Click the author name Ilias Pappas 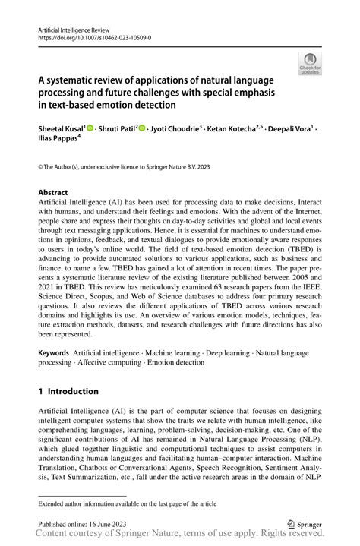57,140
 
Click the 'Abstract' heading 53,193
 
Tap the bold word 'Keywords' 54,354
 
